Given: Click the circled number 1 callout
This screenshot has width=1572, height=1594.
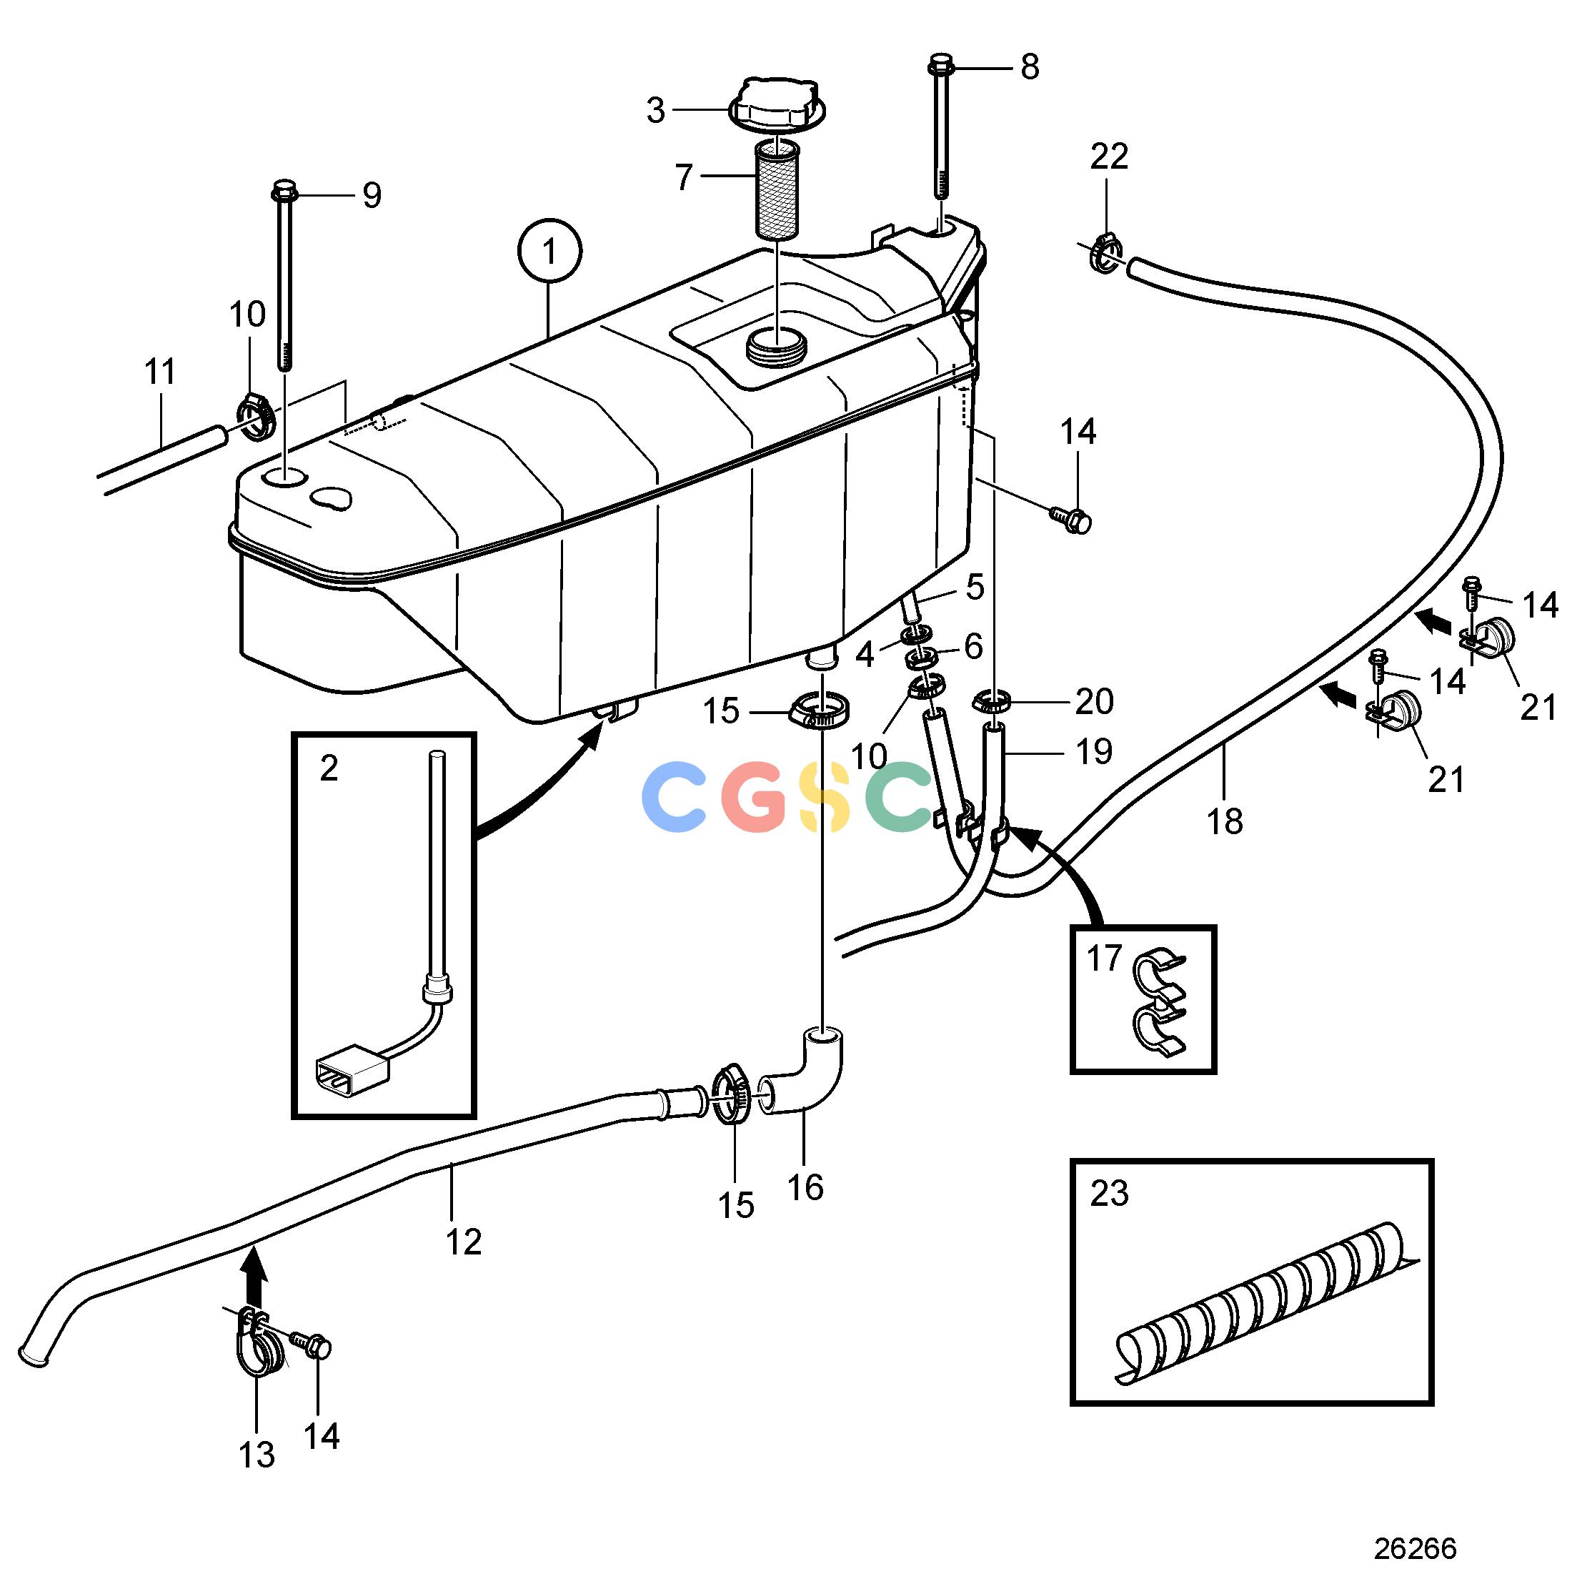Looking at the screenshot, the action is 549,250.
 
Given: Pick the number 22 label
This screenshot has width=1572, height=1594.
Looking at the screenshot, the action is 1108,156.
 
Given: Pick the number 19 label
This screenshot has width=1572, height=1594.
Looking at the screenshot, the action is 1094,751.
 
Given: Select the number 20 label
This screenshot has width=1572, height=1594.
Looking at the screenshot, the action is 1094,701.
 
